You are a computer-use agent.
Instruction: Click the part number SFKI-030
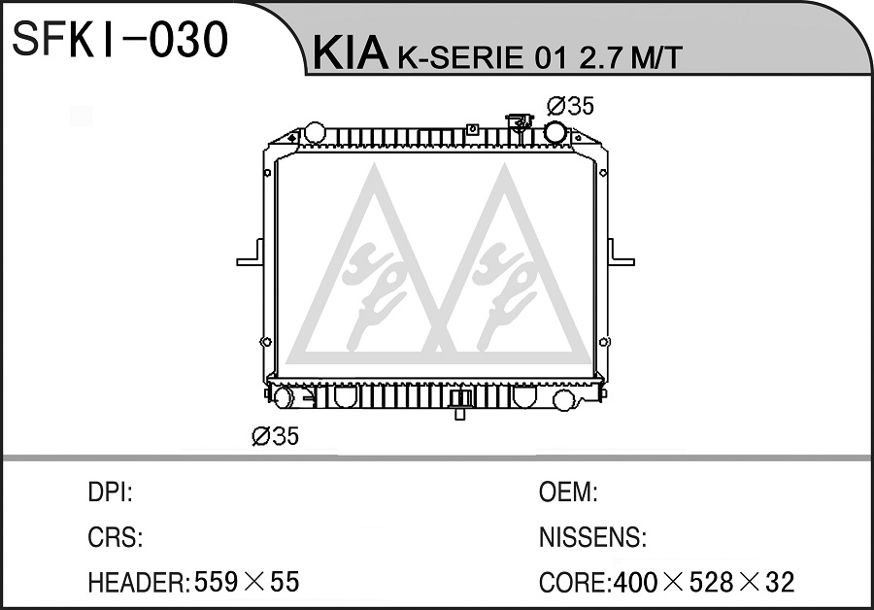coord(119,40)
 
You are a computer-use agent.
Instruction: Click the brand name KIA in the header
coord(350,53)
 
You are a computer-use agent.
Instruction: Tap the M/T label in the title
coord(656,57)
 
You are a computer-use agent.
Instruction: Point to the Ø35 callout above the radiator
coord(571,106)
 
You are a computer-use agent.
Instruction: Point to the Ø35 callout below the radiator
coord(276,436)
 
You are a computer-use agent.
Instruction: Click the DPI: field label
coord(110,492)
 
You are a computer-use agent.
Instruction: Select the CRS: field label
coord(115,537)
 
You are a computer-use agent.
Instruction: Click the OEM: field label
coord(568,492)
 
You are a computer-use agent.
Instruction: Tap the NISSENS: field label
coord(592,537)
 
